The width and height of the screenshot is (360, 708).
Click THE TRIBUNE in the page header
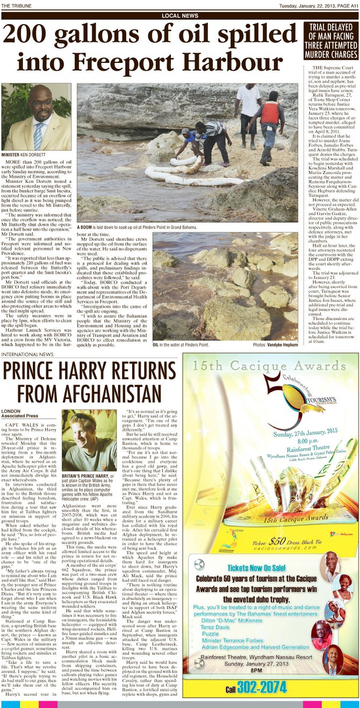point(16,6)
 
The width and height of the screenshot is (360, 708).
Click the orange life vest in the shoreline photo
point(270,113)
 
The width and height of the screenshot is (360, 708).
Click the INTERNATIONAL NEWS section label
point(27,355)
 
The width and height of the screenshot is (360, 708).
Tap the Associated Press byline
point(19,416)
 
